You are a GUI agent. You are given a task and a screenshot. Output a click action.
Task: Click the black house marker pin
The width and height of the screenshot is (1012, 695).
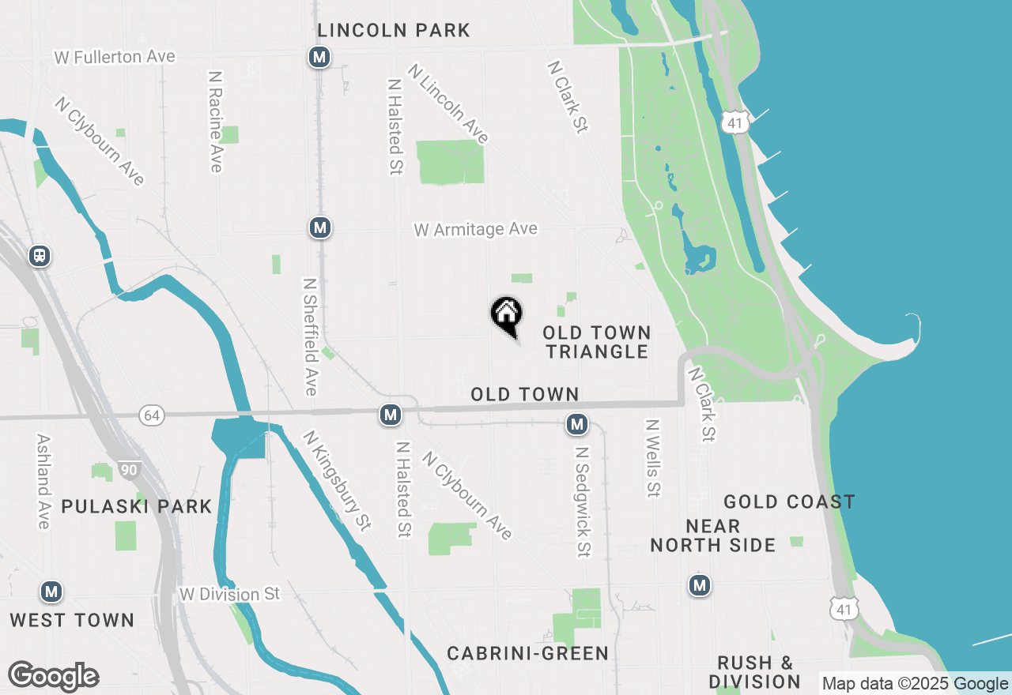click(x=507, y=315)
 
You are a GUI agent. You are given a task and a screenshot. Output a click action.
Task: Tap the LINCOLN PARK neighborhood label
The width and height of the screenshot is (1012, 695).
click(x=394, y=31)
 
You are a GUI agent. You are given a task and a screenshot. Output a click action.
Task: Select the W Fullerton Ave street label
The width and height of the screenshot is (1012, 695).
click(x=115, y=57)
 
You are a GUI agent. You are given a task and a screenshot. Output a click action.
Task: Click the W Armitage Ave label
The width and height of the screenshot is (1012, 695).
click(x=475, y=229)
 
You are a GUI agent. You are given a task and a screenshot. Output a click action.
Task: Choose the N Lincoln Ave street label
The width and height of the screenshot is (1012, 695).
click(x=448, y=103)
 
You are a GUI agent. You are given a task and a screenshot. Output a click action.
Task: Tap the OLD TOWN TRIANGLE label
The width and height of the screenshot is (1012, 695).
click(x=597, y=342)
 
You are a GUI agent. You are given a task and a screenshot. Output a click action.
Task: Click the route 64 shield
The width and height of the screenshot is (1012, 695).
click(x=152, y=415)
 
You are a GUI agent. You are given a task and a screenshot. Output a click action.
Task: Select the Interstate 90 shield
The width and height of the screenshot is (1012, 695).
click(x=130, y=471)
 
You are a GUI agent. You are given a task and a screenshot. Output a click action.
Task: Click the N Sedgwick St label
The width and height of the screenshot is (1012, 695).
click(x=583, y=502)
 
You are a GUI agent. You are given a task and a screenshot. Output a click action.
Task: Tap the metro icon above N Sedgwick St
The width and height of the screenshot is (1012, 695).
click(x=577, y=424)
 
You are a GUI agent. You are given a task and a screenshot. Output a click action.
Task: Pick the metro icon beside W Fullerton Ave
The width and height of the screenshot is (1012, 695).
click(x=319, y=57)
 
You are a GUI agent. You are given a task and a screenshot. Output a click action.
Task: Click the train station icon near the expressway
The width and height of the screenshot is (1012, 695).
click(x=39, y=256)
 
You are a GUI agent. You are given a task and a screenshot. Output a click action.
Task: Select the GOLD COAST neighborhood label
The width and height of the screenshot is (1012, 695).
click(x=789, y=502)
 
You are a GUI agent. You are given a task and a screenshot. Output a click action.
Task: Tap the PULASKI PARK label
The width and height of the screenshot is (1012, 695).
click(x=137, y=506)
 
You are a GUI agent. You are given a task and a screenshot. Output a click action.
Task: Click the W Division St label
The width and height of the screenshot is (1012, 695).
click(x=229, y=594)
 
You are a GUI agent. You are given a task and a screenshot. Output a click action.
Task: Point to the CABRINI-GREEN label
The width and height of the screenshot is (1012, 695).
click(x=527, y=653)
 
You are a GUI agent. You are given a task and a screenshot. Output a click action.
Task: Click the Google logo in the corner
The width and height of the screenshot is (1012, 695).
click(x=53, y=677)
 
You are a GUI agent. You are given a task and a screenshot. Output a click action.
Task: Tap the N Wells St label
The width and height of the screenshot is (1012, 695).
click(x=652, y=458)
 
